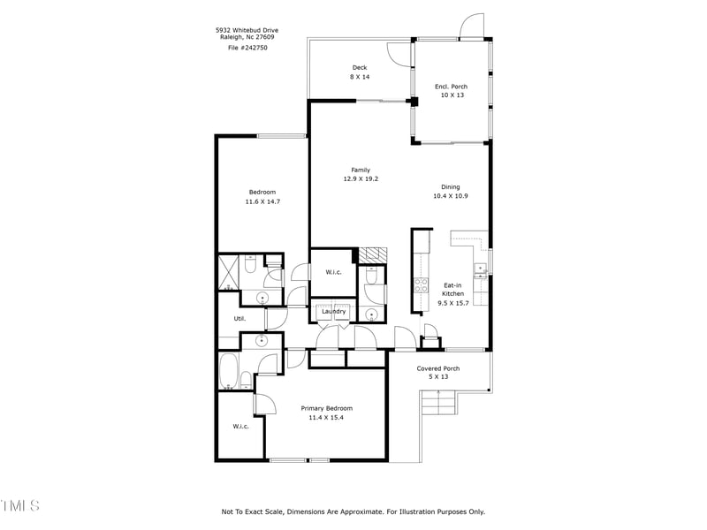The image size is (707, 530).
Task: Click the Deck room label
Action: coord(360,68)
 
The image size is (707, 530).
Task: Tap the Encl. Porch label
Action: coord(451,87)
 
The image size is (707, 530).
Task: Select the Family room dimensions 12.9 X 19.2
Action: coord(361,179)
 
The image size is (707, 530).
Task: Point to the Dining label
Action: coord(451,187)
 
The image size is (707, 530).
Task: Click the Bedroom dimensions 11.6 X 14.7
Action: coord(262,202)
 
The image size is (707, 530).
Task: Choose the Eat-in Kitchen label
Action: coord(452,290)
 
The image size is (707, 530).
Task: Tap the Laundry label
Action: coord(334,312)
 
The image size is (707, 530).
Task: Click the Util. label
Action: coord(239,319)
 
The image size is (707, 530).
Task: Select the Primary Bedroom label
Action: coord(326,408)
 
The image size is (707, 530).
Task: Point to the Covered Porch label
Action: coord(437,368)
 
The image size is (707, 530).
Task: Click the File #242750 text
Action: coord(247,48)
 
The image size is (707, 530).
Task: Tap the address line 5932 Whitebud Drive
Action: coord(247,31)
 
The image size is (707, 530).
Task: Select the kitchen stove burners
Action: coord(422,285)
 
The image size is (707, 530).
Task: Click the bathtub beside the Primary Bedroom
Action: coord(229,370)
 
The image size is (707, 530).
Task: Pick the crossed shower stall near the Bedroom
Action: coord(228,272)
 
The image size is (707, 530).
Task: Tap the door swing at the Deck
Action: coord(398,55)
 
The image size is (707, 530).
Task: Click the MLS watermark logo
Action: coord(19,505)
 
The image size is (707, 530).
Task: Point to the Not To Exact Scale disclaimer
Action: coord(353,512)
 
